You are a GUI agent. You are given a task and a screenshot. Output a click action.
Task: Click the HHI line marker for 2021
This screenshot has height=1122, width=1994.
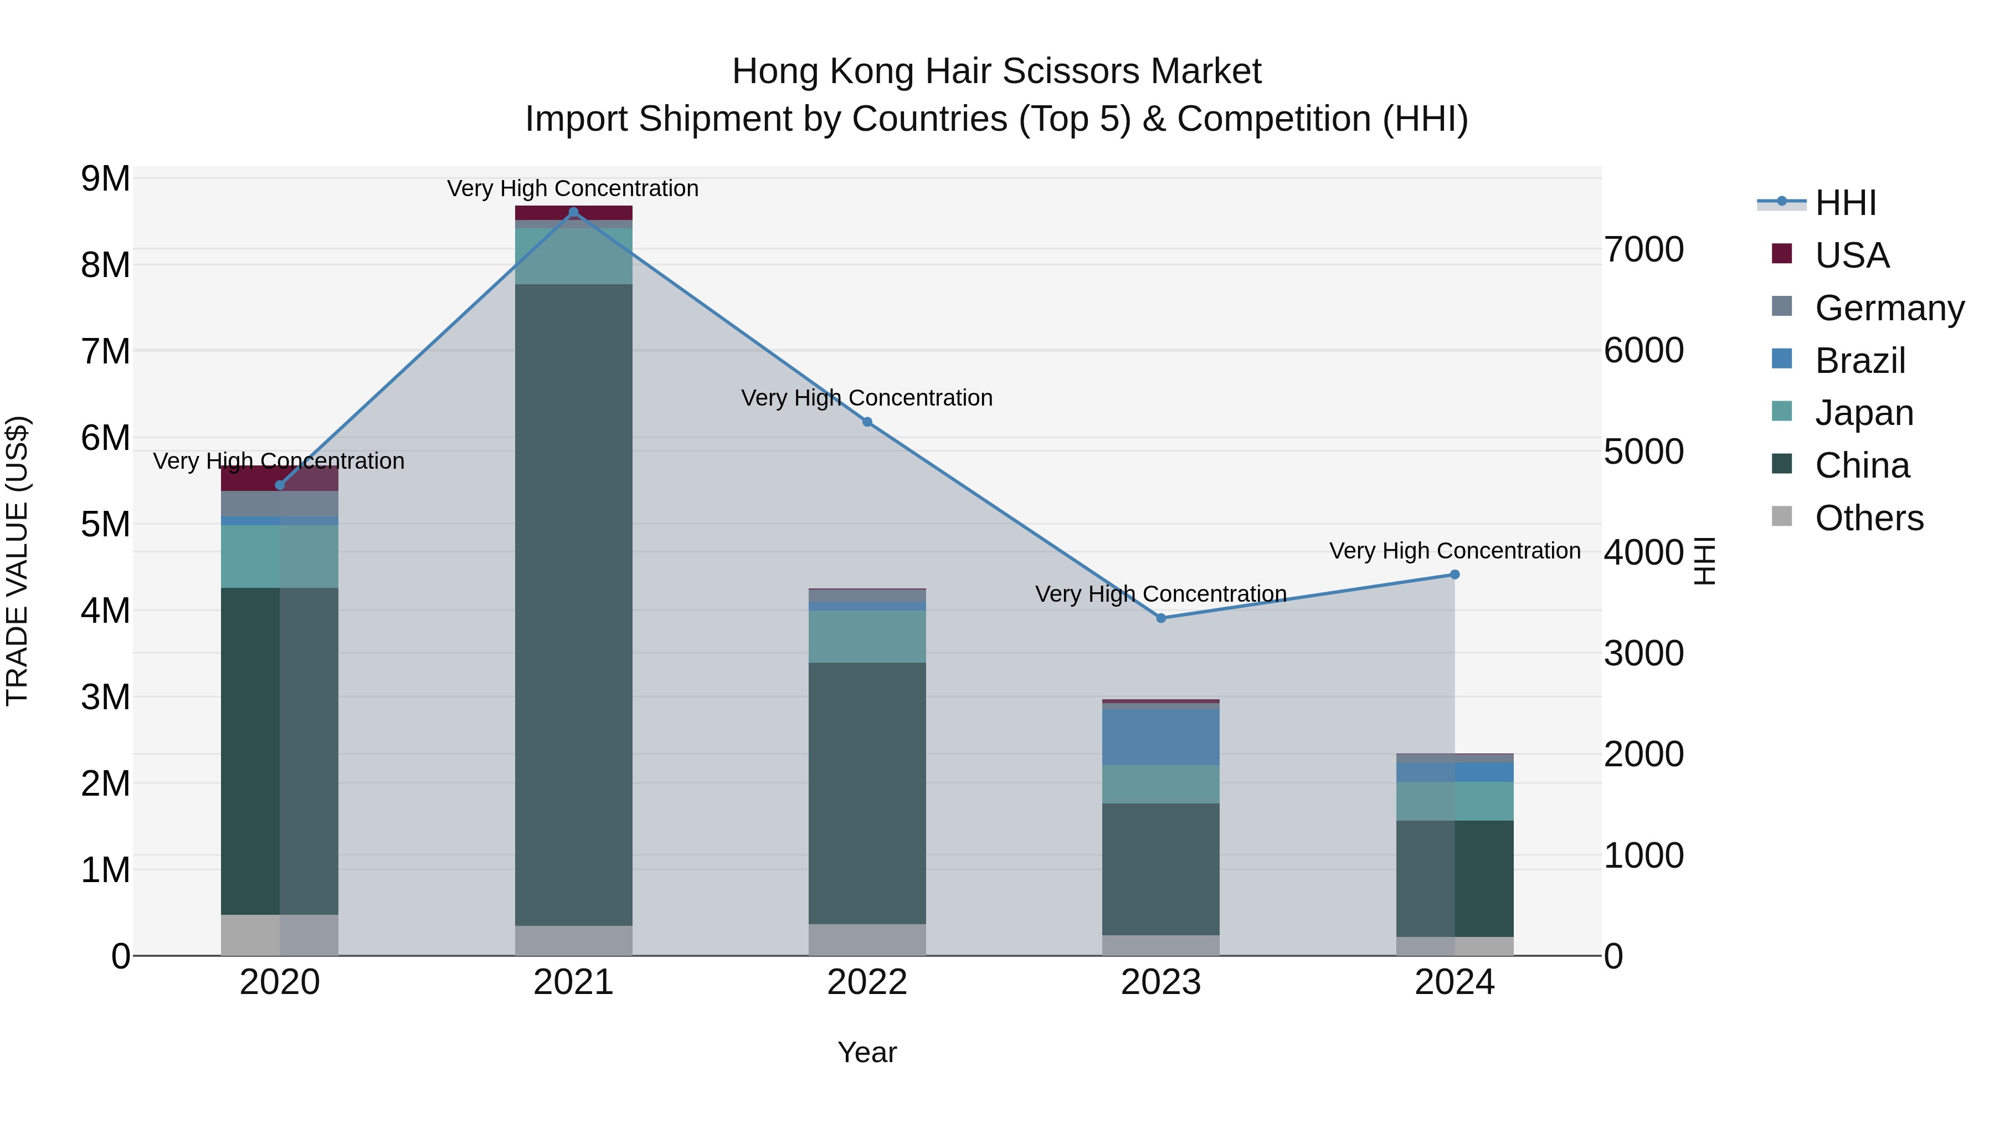[574, 212]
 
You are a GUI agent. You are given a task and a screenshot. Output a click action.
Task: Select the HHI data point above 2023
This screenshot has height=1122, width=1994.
[1161, 618]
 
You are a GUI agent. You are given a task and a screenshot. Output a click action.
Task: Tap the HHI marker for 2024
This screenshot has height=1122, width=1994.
[1455, 575]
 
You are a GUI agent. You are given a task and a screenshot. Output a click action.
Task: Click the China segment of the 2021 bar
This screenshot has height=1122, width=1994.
[574, 604]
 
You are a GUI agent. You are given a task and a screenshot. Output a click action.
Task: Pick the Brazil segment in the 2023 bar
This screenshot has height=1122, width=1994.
[1161, 736]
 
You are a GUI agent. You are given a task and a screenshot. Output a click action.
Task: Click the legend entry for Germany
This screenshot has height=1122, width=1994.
[1889, 308]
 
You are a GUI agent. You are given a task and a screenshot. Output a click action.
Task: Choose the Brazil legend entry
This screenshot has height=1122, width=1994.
[1859, 361]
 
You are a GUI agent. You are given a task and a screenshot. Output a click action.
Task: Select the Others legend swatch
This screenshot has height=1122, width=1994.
[1782, 516]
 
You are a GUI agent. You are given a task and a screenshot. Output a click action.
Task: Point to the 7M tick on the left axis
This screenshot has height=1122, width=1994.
[106, 351]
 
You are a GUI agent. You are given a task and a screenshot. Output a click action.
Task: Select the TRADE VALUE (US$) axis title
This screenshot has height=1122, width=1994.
[17, 561]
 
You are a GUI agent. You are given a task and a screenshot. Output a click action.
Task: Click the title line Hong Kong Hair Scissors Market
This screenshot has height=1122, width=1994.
[996, 71]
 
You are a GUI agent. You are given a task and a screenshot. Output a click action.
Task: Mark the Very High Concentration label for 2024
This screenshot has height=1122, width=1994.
[1455, 551]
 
